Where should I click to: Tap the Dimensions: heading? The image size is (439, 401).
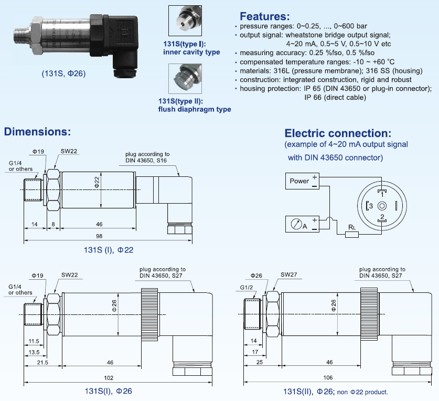click(37, 131)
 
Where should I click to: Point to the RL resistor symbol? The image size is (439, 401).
click(351, 234)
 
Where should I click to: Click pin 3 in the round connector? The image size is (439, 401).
click(370, 206)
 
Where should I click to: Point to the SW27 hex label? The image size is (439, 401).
click(289, 274)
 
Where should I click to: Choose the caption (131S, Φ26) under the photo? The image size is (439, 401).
click(64, 73)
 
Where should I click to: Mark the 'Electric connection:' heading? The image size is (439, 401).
click(338, 133)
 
